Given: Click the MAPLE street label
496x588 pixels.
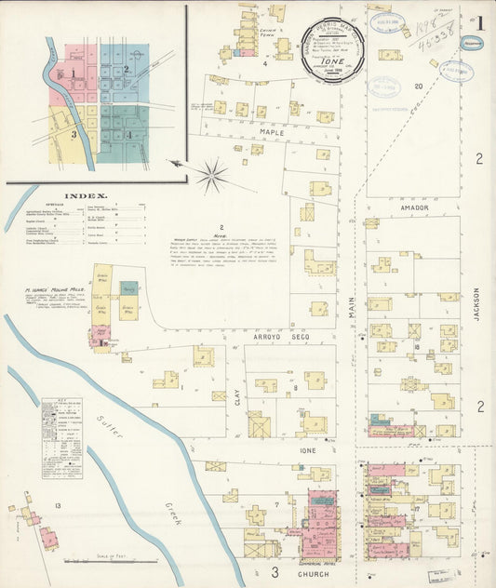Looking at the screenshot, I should point(272,133).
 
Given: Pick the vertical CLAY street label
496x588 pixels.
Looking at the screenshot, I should point(237,397).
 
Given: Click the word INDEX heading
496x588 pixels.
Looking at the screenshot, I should point(87,196).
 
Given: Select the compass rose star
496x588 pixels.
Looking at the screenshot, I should point(212,173).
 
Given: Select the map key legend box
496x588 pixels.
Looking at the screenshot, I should point(61,438).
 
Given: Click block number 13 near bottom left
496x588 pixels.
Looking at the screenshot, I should point(58,504).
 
